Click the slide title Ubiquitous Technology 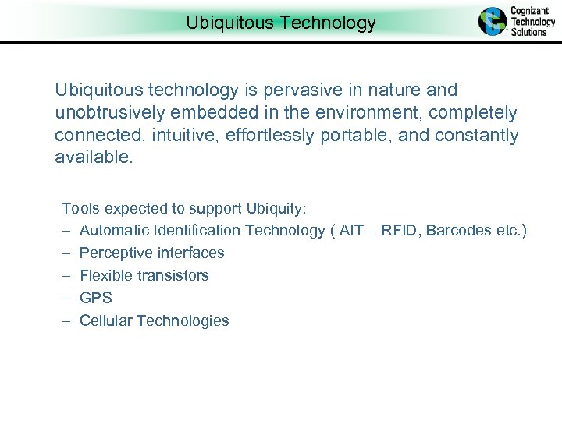pyautogui.click(x=281, y=23)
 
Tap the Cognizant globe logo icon pyautogui.click(x=493, y=21)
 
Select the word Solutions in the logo pyautogui.click(x=528, y=32)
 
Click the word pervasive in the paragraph pyautogui.click(x=286, y=90)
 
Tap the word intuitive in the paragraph pyautogui.click(x=187, y=136)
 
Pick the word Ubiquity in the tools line pyautogui.click(x=275, y=208)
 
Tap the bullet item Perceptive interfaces pyautogui.click(x=152, y=253)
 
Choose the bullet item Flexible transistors pyautogui.click(x=144, y=275)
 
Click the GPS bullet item pyautogui.click(x=96, y=298)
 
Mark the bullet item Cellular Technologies pyautogui.click(x=155, y=320)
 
